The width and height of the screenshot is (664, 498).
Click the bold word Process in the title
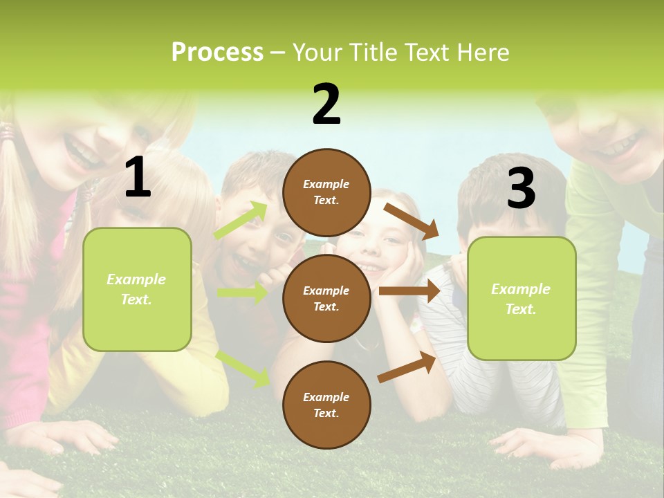pyautogui.click(x=217, y=53)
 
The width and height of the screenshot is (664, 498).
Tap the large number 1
pyautogui.click(x=138, y=178)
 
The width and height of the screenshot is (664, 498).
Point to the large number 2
pyautogui.click(x=326, y=104)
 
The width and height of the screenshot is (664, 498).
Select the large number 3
pyautogui.click(x=521, y=188)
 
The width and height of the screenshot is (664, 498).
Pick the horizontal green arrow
pyautogui.click(x=243, y=293)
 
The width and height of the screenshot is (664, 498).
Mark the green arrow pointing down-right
pyautogui.click(x=243, y=368)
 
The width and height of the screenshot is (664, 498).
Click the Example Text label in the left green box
pyautogui.click(x=136, y=289)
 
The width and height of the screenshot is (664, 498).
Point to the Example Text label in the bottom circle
pyautogui.click(x=326, y=405)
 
